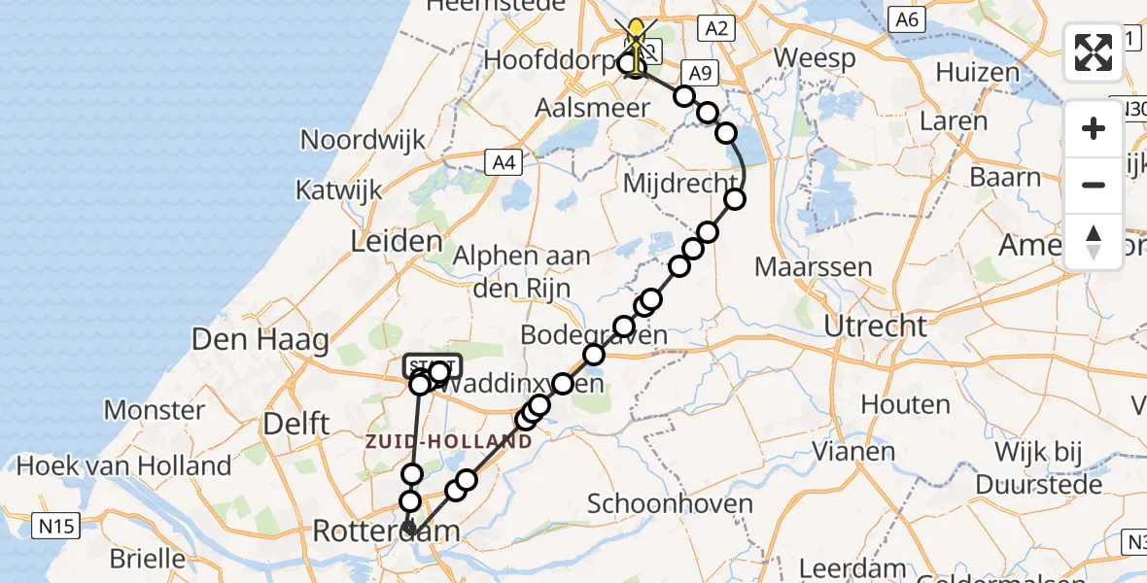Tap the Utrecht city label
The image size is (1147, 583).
click(x=875, y=326)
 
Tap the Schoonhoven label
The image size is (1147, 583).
click(x=671, y=503)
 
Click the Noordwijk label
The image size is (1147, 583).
click(x=363, y=139)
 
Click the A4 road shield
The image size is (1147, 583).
click(x=504, y=162)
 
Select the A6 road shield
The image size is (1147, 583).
click(x=906, y=18)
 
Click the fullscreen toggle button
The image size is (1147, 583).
click(x=1094, y=52)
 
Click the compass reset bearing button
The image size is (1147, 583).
click(x=1094, y=240)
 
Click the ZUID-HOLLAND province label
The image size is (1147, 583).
click(x=449, y=441)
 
